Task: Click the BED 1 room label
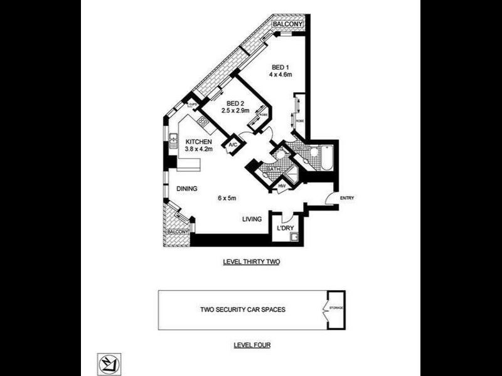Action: pos(279,67)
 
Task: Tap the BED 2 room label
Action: pos(235,103)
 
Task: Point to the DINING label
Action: pos(188,188)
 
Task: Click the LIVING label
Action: pos(252,219)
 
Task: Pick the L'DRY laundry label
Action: pos(286,228)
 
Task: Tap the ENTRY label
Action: pos(347,199)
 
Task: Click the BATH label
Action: pos(273,170)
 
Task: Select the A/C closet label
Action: pos(232,145)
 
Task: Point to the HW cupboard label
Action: pos(282,186)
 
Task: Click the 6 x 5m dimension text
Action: pos(227,199)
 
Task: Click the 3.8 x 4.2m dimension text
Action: pos(200,149)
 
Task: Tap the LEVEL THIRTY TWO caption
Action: pos(251,263)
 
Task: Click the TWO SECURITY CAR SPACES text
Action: pos(239,310)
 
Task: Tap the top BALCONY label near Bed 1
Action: pos(288,24)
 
